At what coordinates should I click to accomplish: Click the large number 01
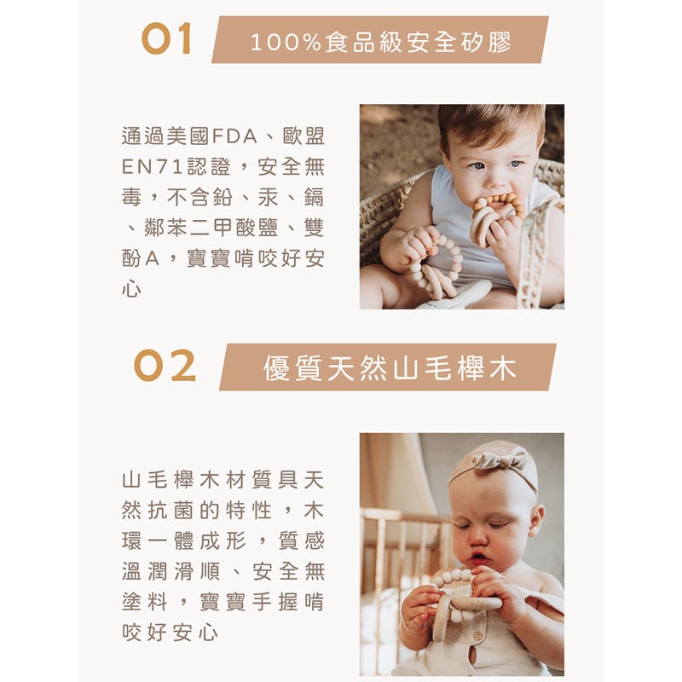point(166,38)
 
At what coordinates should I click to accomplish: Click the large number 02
point(165,366)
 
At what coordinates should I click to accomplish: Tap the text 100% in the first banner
point(286,42)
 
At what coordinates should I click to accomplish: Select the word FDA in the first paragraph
point(234,136)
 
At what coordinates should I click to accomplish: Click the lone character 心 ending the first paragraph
point(132,289)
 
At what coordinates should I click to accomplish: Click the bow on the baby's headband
point(498,460)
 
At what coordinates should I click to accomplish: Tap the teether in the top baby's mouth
point(498,217)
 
